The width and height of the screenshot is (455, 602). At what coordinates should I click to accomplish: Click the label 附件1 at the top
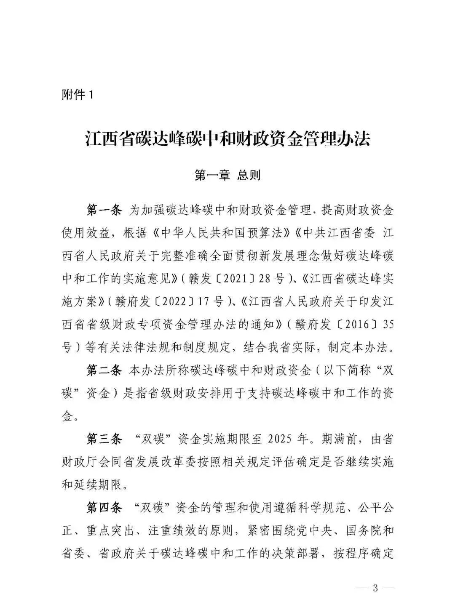(77, 95)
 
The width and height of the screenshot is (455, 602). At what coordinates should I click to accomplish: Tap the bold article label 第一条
(104, 210)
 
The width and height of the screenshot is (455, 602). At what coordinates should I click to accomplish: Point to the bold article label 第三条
(104, 439)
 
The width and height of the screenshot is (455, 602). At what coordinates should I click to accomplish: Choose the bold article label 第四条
(104, 508)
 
